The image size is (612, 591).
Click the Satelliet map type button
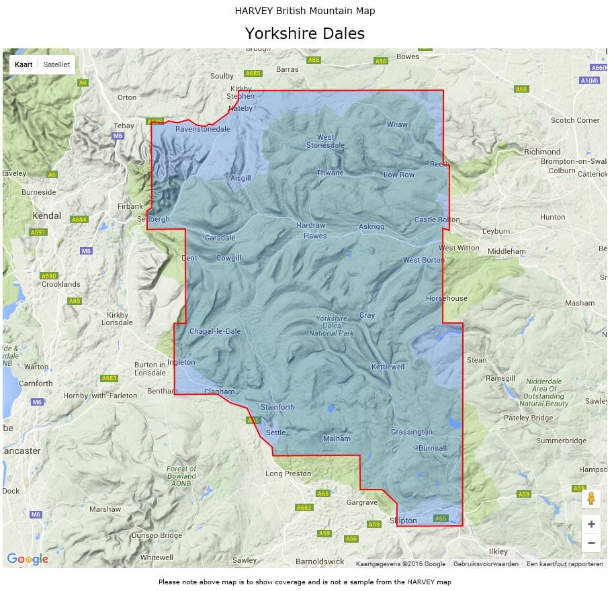point(56,64)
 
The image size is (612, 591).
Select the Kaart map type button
point(24,64)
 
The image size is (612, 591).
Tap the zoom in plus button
point(591,524)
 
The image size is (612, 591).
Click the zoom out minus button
point(591,543)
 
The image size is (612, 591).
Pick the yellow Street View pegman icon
point(591,498)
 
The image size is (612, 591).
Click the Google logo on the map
point(28,559)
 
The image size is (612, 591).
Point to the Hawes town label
point(315,236)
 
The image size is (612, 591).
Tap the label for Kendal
point(47,216)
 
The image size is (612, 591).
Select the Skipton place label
point(403,520)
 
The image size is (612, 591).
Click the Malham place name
point(337,439)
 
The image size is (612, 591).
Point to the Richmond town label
point(542,152)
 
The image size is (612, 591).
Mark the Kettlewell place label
point(388,367)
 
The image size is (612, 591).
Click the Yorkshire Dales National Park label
point(331,326)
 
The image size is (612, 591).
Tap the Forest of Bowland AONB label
point(181,476)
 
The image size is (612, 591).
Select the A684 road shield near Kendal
point(80,220)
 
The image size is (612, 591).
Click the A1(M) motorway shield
point(589,80)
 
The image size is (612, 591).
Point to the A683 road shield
point(110,378)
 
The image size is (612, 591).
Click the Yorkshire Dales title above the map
point(304,34)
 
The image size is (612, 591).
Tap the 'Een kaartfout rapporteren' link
point(564,564)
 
